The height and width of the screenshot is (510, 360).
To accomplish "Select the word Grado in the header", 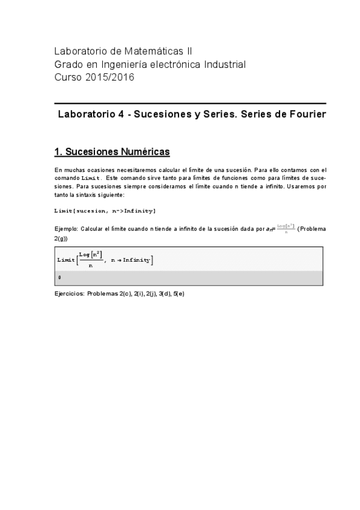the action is click(x=69, y=64).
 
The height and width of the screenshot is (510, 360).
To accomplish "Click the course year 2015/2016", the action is click(x=111, y=77).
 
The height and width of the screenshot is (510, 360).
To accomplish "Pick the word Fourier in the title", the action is click(x=305, y=115).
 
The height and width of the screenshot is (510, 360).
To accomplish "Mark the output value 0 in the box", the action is click(x=59, y=277).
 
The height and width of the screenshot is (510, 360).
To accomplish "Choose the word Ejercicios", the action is click(x=69, y=294).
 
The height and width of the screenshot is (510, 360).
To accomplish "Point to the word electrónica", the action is click(x=178, y=64).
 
